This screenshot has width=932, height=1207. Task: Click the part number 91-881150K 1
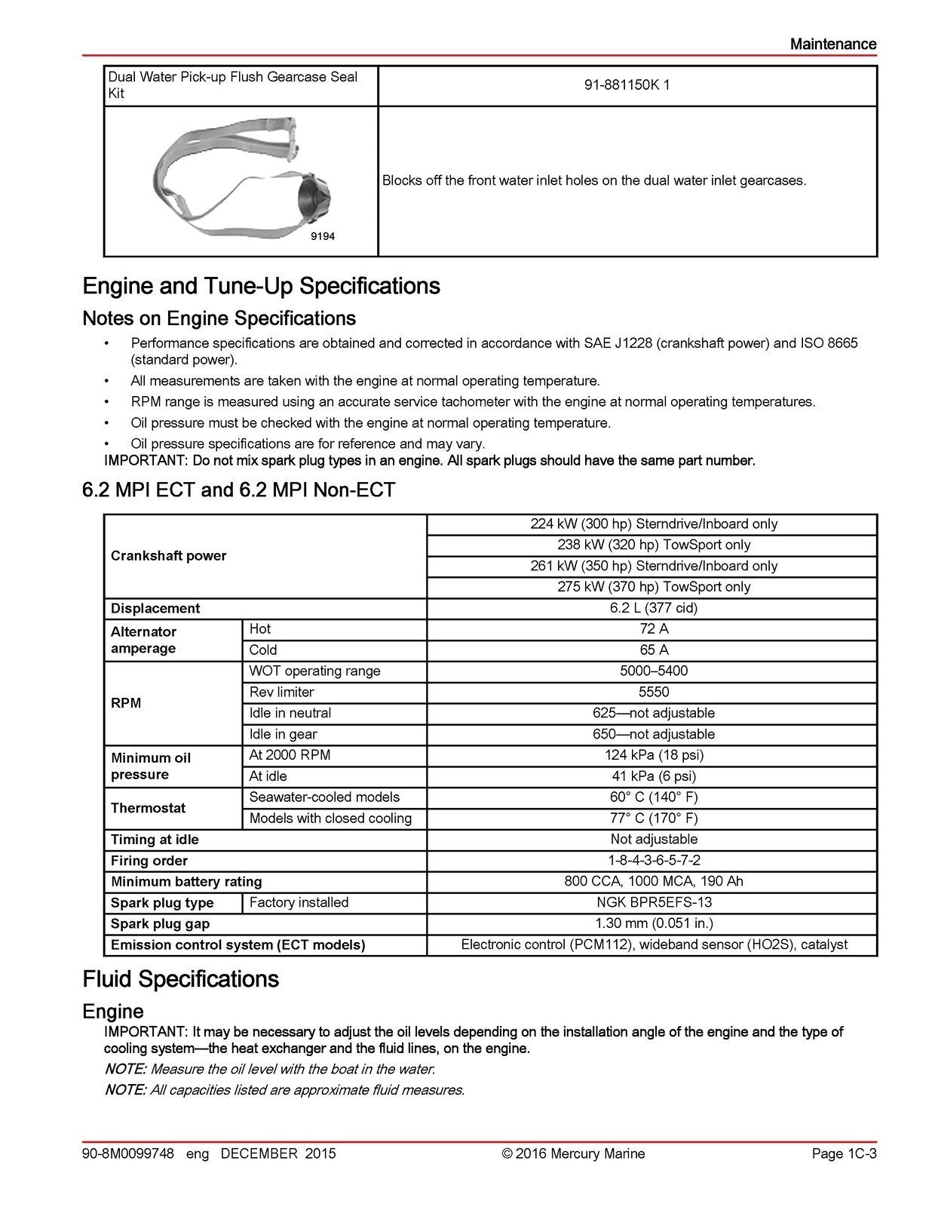pyautogui.click(x=627, y=85)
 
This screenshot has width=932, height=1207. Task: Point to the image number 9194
pyautogui.click(x=323, y=237)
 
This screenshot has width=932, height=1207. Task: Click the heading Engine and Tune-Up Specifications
pyautogui.click(x=261, y=286)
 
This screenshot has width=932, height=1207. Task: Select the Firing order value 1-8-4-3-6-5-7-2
pyautogui.click(x=654, y=860)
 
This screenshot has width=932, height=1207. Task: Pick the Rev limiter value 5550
pyautogui.click(x=653, y=692)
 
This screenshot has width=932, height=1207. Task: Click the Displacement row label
pyautogui.click(x=155, y=608)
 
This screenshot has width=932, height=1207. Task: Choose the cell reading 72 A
pyautogui.click(x=653, y=628)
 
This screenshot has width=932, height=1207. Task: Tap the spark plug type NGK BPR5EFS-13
pyautogui.click(x=654, y=902)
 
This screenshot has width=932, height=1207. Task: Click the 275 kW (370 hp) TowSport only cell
pyautogui.click(x=654, y=587)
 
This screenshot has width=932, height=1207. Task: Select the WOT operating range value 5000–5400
pyautogui.click(x=653, y=671)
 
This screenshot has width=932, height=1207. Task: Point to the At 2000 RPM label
pyautogui.click(x=290, y=754)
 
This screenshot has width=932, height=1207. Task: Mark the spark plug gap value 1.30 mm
pyautogui.click(x=654, y=923)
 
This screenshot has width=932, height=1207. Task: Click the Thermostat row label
pyautogui.click(x=148, y=808)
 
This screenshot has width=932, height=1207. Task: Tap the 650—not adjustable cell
pyautogui.click(x=653, y=734)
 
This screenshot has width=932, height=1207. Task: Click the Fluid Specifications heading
pyautogui.click(x=180, y=979)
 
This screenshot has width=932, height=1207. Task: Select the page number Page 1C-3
pyautogui.click(x=844, y=1153)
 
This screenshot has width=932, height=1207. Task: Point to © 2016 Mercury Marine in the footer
pyautogui.click(x=573, y=1153)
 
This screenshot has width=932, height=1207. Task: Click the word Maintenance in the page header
pyautogui.click(x=832, y=44)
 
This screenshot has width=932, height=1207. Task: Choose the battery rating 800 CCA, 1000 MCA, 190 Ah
pyautogui.click(x=654, y=881)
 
